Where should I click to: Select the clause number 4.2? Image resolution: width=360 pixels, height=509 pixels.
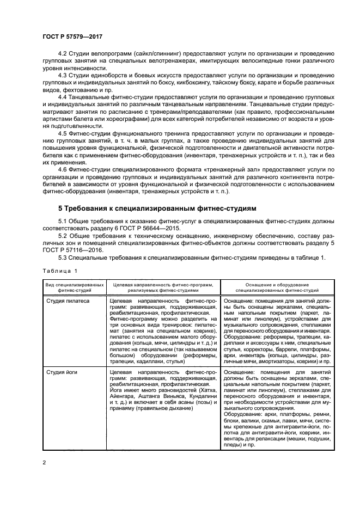63,53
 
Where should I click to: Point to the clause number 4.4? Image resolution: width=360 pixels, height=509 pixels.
63,96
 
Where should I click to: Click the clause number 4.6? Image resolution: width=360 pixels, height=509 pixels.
63,170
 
